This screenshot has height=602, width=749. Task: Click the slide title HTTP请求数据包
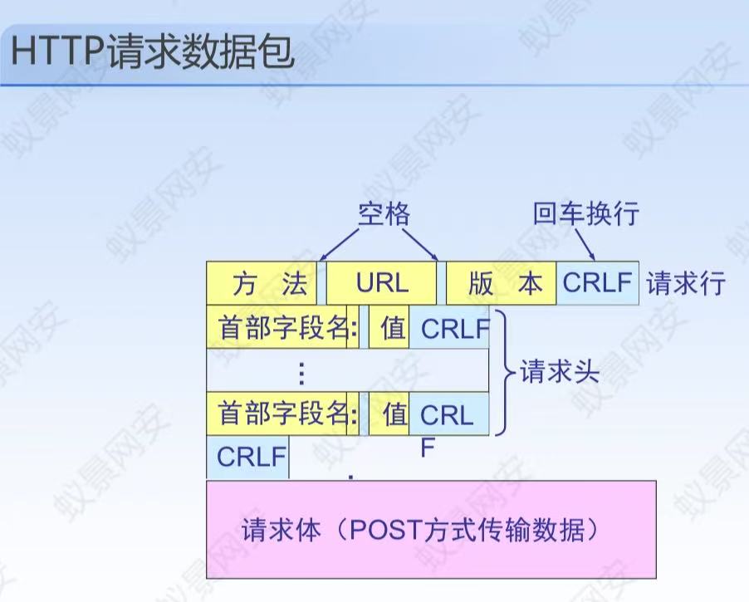coord(154,51)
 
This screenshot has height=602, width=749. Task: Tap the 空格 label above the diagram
coord(384,214)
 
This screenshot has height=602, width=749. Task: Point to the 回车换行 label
coord(586,213)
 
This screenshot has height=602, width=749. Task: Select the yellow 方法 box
coord(262,284)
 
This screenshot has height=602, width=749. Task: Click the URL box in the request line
coord(382,284)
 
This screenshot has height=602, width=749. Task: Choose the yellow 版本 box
coord(502,284)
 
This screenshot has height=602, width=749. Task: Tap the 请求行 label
coord(686,284)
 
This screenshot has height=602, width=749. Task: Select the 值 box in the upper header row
coord(389,329)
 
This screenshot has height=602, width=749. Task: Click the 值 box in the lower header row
coord(389,414)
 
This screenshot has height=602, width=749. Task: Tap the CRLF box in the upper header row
coord(453,329)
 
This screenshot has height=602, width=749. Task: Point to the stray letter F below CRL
coord(428,449)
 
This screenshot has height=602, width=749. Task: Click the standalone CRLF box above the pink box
coord(248,457)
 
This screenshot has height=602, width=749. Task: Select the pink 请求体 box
coord(431,529)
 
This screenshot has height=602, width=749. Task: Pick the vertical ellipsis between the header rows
coord(301,372)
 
